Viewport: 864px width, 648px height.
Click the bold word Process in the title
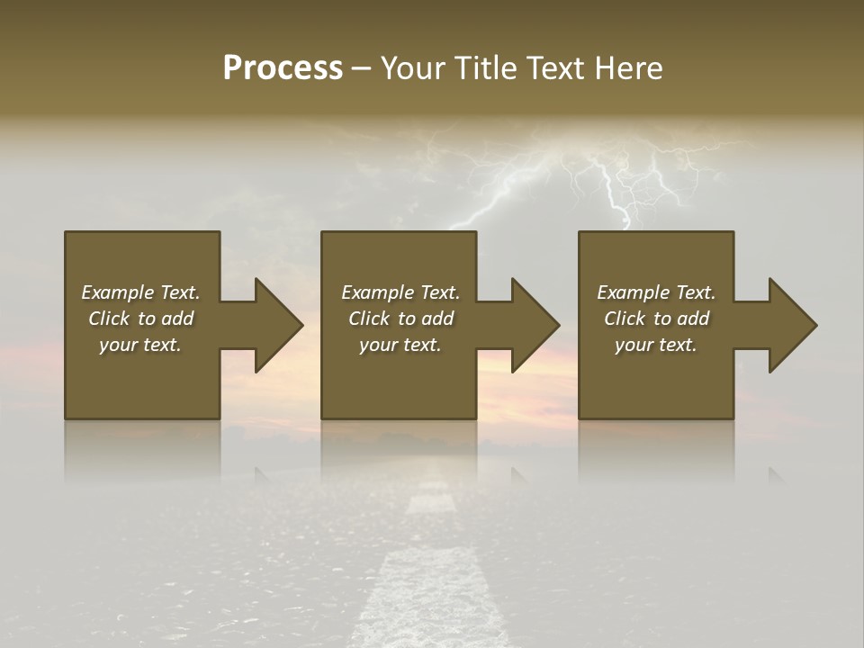coord(283,68)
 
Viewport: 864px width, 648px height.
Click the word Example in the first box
coord(117,292)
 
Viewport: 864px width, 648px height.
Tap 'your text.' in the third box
coord(655,345)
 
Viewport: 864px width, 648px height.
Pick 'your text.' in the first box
coord(140,345)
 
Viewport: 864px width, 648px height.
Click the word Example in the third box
coord(633,292)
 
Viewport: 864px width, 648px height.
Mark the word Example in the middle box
coord(377,292)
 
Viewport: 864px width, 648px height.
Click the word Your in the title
coord(413,68)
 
